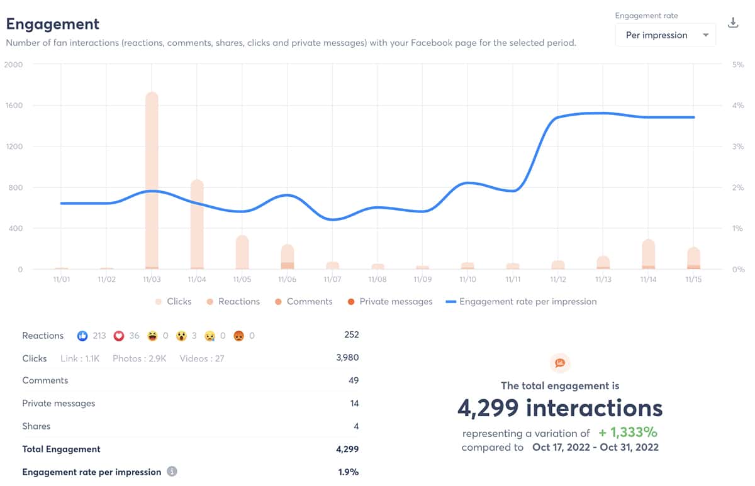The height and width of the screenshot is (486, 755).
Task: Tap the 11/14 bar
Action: point(649,254)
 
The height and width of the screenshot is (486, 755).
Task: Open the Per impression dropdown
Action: point(666,35)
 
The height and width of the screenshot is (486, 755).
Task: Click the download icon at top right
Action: point(733,23)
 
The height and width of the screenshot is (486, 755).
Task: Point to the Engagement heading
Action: point(53,24)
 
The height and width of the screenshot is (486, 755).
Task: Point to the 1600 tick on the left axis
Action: point(13,106)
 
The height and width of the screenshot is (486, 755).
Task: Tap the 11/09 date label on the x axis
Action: point(423,279)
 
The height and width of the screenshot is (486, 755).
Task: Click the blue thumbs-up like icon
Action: point(82,336)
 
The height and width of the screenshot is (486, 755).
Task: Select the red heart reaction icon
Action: point(118,336)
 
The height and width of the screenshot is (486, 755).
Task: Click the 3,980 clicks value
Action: point(347,358)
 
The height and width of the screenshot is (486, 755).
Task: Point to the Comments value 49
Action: point(354,380)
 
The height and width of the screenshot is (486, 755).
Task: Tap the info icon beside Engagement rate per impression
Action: point(172,472)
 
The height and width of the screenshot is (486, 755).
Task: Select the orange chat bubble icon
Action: point(559,363)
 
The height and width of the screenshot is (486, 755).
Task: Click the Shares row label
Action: point(36,426)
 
